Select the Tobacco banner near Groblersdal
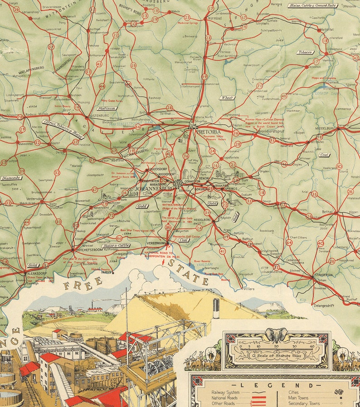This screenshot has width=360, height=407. click(x=305, y=52)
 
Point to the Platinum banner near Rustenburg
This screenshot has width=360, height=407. click(x=107, y=108)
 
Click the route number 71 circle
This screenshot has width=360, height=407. click(x=259, y=85)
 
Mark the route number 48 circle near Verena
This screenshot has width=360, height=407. click(x=284, y=96)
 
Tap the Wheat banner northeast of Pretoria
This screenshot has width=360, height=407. click(x=227, y=98)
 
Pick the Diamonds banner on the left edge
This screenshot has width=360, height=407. click(x=11, y=178)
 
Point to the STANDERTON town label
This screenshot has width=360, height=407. click(x=322, y=275)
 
